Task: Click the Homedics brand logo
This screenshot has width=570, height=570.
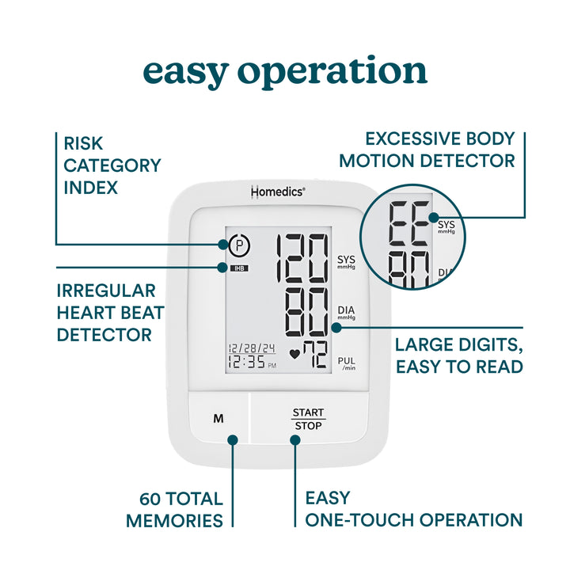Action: click(x=277, y=192)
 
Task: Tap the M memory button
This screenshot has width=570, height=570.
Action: click(x=218, y=419)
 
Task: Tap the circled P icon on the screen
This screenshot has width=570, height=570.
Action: click(x=239, y=245)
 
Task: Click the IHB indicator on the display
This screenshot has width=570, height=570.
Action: click(x=238, y=268)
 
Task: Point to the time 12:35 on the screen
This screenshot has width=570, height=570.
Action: click(x=246, y=363)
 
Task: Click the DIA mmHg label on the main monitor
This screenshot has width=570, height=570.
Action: click(x=347, y=312)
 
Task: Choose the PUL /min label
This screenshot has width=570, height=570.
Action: click(x=347, y=363)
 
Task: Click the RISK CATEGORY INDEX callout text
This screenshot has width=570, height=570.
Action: click(x=112, y=165)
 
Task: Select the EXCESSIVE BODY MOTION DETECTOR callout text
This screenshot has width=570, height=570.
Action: click(x=427, y=150)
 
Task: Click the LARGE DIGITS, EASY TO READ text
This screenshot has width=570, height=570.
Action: click(x=458, y=355)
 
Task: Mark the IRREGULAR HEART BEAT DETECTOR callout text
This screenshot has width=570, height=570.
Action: click(x=110, y=313)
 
